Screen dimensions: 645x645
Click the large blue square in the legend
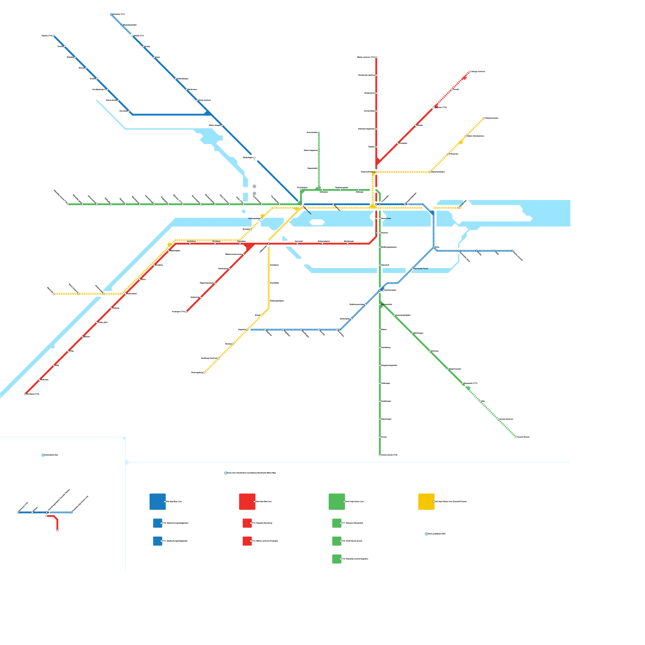pos(158,501)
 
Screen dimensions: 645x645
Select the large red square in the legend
pos(247,501)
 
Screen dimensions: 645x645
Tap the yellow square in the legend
pos(426,501)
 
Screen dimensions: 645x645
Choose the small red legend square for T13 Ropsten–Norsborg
pos(247,523)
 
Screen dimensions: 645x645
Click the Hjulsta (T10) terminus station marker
pos(54,36)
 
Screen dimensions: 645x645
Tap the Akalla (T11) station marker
pos(133,36)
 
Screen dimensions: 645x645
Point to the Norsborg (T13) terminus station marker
pos(25,394)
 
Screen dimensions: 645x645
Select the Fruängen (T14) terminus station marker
pos(186,312)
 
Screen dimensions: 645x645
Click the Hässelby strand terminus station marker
pos(68,204)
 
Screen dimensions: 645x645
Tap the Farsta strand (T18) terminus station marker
pos(380,455)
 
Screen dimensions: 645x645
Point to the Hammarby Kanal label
pos(421,268)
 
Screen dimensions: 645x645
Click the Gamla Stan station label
pos(386,218)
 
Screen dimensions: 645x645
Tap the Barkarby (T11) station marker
pos(111,15)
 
